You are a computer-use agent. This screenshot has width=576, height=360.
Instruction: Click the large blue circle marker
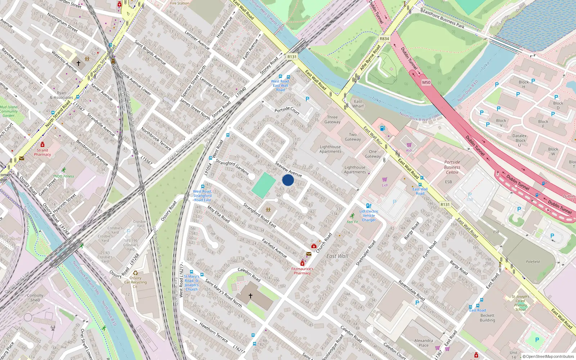pos(288,180)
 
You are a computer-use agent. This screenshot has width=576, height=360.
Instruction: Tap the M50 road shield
pos(426,82)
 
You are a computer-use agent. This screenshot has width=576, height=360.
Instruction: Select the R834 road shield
pos(384,39)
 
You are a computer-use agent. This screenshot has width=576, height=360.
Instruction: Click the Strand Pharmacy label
pos(42,152)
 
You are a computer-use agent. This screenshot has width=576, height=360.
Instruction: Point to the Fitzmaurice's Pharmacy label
pos(302,271)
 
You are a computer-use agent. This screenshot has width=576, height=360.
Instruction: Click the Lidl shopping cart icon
pos(384,179)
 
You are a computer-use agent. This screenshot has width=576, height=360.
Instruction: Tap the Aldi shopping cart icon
pos(409,145)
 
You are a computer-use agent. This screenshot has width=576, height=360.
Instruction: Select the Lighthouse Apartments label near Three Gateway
pos(330,149)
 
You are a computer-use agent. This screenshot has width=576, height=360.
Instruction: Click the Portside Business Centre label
pos(452,167)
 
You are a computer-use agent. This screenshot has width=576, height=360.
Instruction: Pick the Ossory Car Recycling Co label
pos(135,282)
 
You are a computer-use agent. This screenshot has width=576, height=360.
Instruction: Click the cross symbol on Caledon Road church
pos(251,296)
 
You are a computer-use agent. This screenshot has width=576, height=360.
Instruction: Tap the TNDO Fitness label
pos(63,176)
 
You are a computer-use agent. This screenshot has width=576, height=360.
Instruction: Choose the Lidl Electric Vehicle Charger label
pos(369,215)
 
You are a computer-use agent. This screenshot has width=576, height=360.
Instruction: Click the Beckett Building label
pos(487,318)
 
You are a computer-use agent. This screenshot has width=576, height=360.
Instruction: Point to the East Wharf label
pos(358,104)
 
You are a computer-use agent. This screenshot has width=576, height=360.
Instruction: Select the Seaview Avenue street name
pos(288,169)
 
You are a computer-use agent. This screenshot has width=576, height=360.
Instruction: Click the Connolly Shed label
pos(35,297)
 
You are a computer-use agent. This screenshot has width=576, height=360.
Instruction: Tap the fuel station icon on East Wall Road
pos(382,128)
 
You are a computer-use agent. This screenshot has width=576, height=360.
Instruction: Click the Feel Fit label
pos(352,222)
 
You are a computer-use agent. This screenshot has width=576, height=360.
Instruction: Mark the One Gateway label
pos(373,154)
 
